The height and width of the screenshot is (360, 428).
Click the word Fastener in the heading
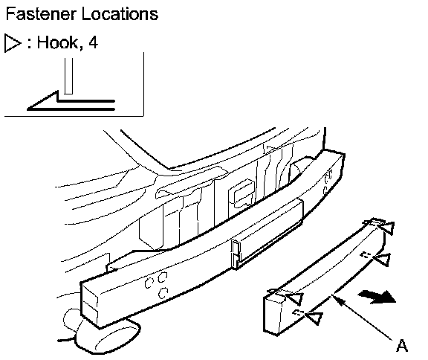coord(41,14)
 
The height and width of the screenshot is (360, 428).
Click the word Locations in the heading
coord(120,14)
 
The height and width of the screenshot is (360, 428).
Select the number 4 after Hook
coord(93,42)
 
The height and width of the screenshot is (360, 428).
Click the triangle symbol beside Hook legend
coord(13,43)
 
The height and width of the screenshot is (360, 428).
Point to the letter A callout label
coord(401,345)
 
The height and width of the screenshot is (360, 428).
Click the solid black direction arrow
coord(377,297)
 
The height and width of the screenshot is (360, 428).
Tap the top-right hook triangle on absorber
coord(387,228)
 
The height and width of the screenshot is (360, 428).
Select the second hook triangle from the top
coord(382,259)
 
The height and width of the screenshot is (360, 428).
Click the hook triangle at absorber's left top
coord(295,298)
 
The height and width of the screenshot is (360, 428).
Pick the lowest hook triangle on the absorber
coord(314,318)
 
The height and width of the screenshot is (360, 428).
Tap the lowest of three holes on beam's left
coord(163,293)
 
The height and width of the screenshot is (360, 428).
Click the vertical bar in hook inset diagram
coord(68,76)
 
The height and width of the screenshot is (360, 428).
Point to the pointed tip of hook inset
coord(28,109)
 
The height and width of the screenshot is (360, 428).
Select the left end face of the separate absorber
coord(273,314)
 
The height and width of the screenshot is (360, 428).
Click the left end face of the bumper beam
coord(89,303)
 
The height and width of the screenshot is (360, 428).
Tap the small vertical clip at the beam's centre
coord(235,254)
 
